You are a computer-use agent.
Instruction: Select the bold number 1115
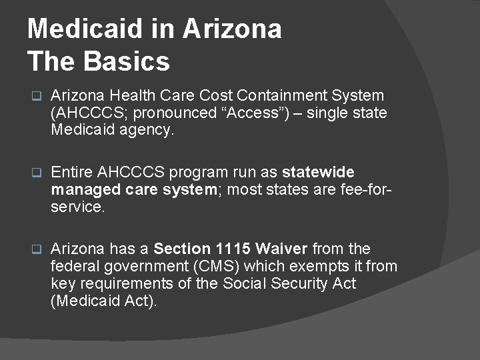click(x=233, y=249)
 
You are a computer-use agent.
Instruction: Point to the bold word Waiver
click(x=282, y=249)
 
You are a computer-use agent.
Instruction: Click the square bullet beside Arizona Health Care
click(x=37, y=96)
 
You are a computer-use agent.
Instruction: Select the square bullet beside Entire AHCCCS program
click(x=37, y=173)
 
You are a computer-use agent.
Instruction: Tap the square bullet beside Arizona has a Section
click(x=37, y=249)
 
